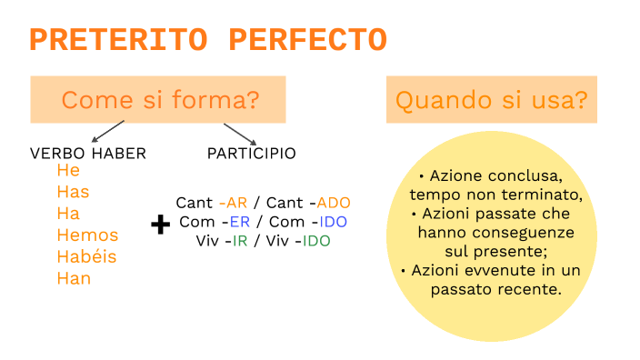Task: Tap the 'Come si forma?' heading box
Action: (158, 99)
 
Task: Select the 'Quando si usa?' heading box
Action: (491, 99)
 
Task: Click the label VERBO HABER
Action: (88, 154)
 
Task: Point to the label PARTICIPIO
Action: (252, 154)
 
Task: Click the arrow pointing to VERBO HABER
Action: (109, 132)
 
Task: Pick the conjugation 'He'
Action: (68, 171)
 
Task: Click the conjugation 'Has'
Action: (73, 192)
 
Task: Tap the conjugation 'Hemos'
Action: (87, 235)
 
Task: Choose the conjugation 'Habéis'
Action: (86, 256)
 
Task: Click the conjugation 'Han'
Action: (74, 278)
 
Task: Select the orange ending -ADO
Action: (334, 203)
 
